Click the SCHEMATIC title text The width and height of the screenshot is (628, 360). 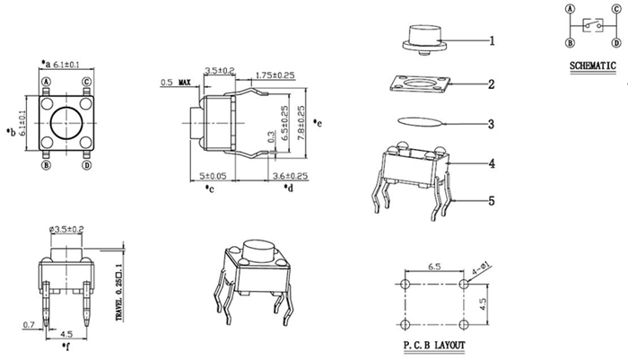click(x=593, y=66)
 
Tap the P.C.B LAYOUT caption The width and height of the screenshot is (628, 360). click(x=434, y=345)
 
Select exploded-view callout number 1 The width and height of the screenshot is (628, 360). click(x=492, y=40)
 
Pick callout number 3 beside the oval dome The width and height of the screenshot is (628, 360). click(x=492, y=124)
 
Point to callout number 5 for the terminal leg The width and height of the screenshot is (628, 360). click(x=492, y=200)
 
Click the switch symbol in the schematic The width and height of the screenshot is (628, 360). click(x=593, y=25)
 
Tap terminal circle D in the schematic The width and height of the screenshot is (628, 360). click(x=617, y=42)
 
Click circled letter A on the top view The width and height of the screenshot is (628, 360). click(x=47, y=82)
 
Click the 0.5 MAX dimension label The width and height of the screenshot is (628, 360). click(x=176, y=83)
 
